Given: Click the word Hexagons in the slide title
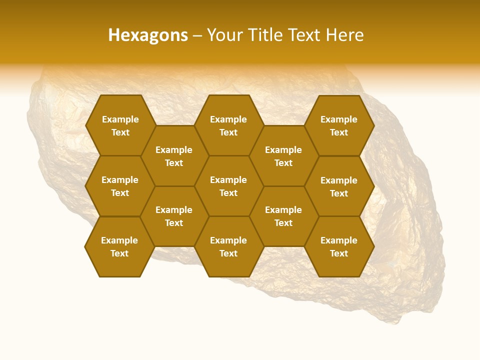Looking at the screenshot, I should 148,35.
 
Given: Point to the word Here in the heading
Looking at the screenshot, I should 345,35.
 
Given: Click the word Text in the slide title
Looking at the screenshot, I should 303,35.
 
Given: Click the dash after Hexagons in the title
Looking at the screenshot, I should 197,35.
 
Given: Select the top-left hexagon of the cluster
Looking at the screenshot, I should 120,125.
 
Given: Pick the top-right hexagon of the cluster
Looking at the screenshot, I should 339,125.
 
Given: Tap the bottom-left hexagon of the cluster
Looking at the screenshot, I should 119,246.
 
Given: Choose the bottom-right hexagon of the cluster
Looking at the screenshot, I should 339,246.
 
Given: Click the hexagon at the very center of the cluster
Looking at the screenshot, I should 228,186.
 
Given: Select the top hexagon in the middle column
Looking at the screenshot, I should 228,125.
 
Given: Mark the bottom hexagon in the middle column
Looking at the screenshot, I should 228,246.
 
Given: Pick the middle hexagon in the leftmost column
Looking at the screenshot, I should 120,186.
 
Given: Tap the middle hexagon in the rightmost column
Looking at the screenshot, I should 339,186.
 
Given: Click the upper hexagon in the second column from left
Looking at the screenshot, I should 174,156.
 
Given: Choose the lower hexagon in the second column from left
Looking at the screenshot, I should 174,216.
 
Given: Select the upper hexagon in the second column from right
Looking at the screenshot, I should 283,156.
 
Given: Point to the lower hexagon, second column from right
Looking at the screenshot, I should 283,216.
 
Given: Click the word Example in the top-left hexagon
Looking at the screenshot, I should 120,119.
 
